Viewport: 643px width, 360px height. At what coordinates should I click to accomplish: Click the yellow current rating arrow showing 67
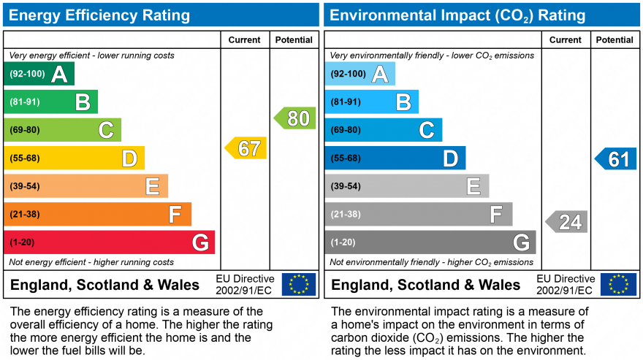point(246,148)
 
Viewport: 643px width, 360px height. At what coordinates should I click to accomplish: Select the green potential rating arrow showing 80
point(295,118)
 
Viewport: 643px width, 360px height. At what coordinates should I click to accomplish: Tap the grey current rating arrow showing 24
point(567,221)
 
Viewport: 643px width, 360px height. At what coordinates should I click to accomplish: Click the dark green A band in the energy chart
point(39,74)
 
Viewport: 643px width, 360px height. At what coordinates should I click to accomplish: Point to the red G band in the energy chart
point(110,242)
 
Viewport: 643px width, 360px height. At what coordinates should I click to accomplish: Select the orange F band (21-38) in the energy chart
point(97,214)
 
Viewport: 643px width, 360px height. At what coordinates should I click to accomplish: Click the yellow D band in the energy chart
point(74,158)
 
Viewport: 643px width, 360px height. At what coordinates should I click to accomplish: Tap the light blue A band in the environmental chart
point(359,74)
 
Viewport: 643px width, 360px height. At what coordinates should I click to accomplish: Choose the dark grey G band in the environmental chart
point(430,242)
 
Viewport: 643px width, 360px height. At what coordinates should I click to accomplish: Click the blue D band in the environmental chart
point(395,158)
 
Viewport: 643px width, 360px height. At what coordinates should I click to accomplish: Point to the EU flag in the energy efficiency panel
point(299,284)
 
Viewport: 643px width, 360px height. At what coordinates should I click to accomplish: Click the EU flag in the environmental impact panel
point(618,284)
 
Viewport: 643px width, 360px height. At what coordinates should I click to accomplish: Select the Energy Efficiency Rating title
point(99,15)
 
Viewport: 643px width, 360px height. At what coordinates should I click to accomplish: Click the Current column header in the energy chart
point(244,40)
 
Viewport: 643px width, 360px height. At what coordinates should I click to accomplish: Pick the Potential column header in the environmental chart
point(615,40)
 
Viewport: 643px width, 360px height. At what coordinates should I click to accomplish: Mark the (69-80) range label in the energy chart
point(25,130)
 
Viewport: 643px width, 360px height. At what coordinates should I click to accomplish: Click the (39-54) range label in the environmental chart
point(346,186)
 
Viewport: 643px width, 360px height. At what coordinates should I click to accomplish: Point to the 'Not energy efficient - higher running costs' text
point(91,262)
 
